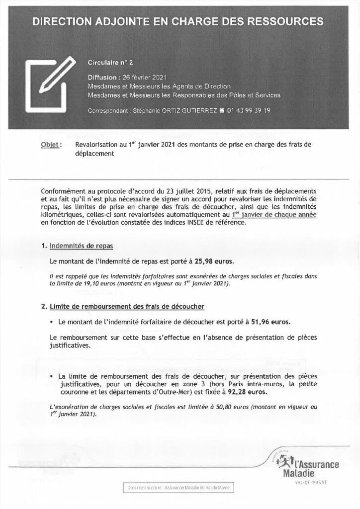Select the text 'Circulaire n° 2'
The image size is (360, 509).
(x=110, y=63)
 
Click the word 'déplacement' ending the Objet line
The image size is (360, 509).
(x=94, y=154)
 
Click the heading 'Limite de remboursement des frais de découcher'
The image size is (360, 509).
(x=128, y=307)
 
